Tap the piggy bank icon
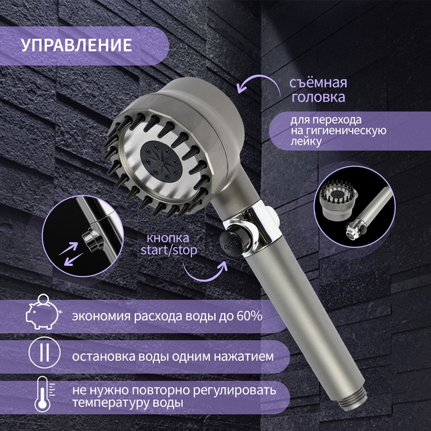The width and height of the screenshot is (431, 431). click(x=41, y=315)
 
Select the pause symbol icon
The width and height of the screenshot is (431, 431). click(x=41, y=355)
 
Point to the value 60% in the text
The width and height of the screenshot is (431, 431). click(x=248, y=316)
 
